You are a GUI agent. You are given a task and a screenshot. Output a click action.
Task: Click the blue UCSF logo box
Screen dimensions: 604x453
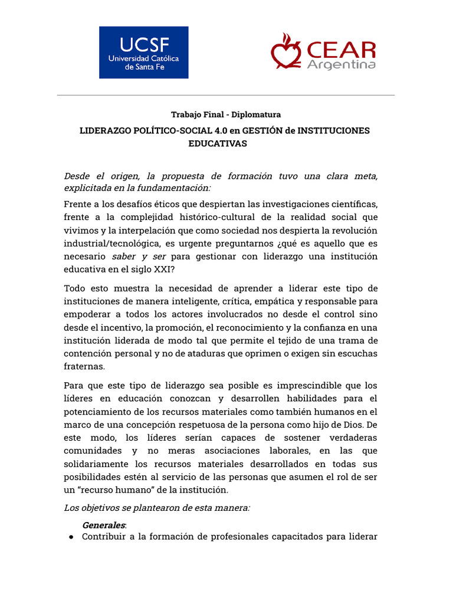click(143, 52)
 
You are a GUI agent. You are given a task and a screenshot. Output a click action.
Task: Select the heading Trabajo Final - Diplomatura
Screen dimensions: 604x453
click(226, 114)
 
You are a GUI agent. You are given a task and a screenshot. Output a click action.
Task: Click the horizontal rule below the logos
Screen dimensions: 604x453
click(226, 95)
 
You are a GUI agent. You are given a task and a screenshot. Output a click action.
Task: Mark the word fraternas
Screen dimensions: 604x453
click(84, 366)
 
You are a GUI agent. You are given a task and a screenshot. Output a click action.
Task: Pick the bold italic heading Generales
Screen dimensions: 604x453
click(103, 524)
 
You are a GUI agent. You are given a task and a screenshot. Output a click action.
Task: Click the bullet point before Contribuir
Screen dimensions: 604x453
click(71, 537)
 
